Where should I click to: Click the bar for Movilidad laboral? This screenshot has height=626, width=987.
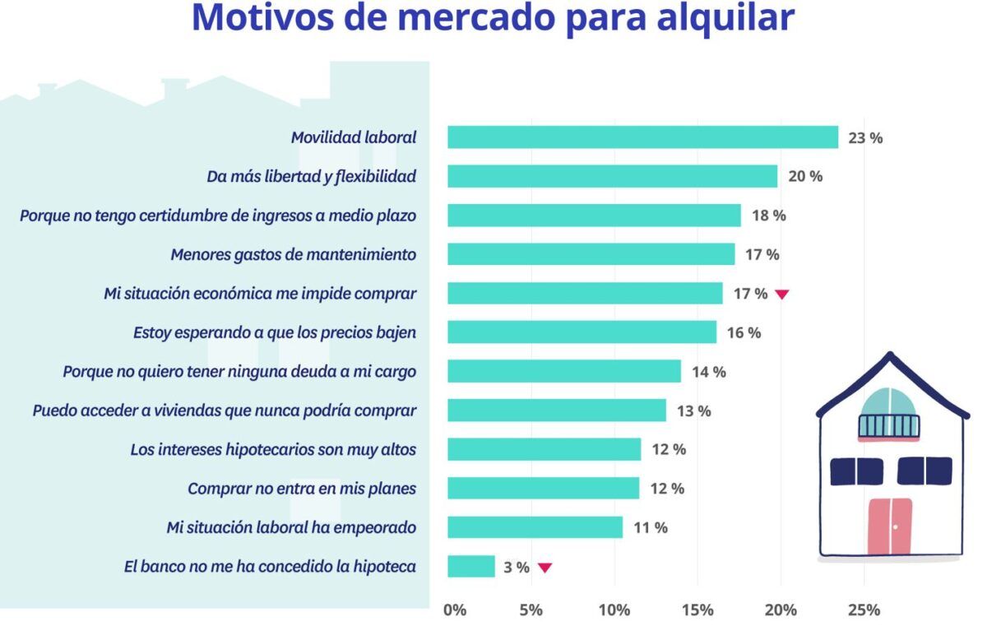[642, 137]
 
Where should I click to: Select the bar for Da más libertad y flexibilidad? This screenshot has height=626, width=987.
[612, 176]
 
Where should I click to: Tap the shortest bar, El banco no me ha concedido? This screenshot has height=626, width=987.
[470, 567]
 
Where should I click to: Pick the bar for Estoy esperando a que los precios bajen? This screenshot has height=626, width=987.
[582, 332]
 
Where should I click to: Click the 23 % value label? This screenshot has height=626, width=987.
[865, 138]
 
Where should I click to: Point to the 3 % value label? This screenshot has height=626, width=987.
[516, 568]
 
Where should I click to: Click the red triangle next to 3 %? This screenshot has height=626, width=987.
[544, 568]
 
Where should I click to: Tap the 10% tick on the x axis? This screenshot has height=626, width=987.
[614, 610]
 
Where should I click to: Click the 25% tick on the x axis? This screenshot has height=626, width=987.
[864, 610]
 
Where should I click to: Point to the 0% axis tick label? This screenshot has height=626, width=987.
[454, 610]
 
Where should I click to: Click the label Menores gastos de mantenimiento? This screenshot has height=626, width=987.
[293, 255]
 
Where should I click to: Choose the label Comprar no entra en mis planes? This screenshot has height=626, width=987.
[301, 489]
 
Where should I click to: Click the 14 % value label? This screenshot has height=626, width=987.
[708, 372]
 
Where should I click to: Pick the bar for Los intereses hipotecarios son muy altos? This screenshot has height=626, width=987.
[544, 449]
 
